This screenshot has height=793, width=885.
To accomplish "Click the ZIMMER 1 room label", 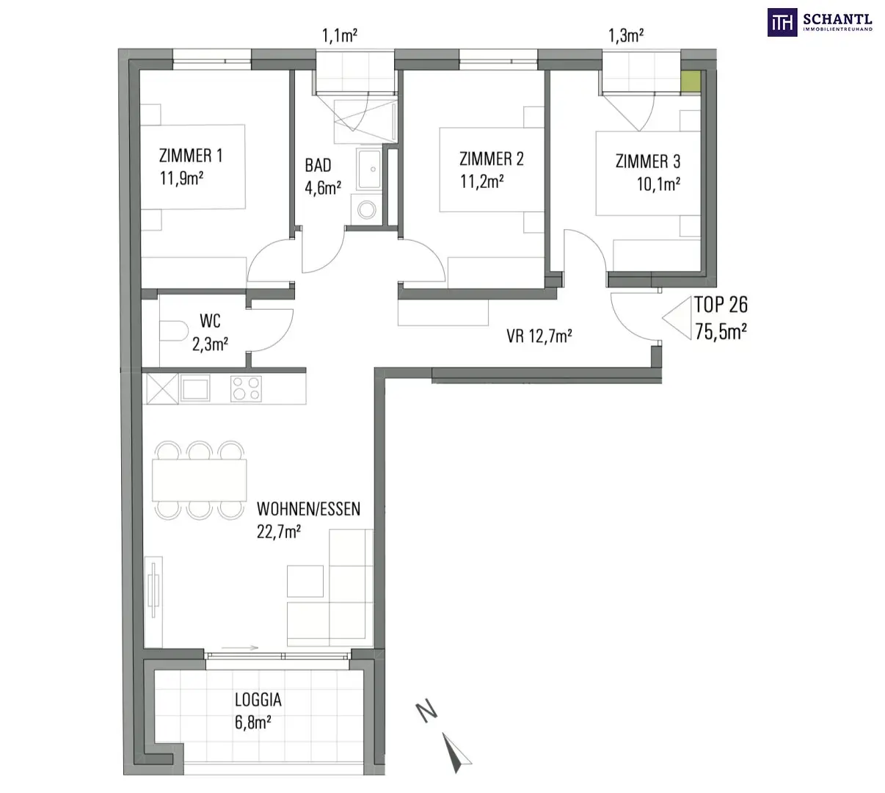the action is click(x=191, y=156).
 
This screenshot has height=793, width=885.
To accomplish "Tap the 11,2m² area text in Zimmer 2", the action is click(x=482, y=181).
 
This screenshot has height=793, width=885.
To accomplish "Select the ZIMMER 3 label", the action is click(x=648, y=162).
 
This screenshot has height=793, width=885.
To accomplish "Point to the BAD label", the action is click(x=318, y=165).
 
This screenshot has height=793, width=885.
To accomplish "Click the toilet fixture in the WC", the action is click(x=173, y=331).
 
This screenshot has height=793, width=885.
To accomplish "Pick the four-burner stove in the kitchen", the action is click(x=246, y=388).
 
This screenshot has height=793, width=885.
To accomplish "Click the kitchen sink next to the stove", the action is click(x=194, y=388).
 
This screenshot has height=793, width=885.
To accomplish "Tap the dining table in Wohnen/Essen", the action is click(x=199, y=480).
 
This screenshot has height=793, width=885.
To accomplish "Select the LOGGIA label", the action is click(x=258, y=700).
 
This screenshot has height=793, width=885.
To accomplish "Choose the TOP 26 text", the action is click(x=721, y=305).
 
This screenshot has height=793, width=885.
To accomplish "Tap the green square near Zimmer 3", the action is click(x=691, y=82).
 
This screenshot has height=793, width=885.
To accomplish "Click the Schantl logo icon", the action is click(x=782, y=22).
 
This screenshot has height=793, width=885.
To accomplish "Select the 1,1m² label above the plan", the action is click(x=340, y=35).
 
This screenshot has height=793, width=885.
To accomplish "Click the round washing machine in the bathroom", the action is click(x=366, y=210).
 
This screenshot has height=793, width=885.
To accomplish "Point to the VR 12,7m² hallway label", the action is click(x=539, y=336).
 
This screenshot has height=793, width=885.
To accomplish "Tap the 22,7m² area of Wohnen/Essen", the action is click(x=279, y=532).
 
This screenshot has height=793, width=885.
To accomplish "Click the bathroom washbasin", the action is click(x=370, y=169).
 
